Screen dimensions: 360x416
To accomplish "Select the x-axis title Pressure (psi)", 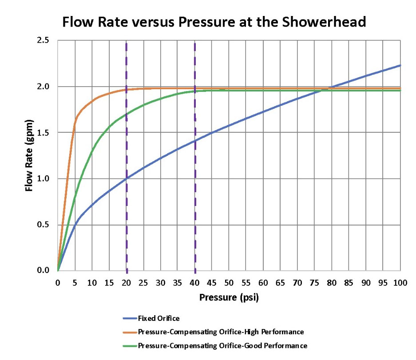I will pos(229,297).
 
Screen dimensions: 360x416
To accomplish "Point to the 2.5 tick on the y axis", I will pos(43,40).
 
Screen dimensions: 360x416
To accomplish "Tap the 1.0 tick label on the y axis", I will pos(43,178).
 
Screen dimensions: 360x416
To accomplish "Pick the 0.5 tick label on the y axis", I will pos(43,225).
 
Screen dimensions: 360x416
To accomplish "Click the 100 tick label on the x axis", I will pos(400,283).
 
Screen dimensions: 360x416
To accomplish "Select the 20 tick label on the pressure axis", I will pos(127,283).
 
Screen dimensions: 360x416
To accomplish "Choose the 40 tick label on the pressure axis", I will pos(195,283).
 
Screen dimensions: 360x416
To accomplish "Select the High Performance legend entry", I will pos(221,332).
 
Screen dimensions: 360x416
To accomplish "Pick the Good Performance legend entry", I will pos(222,345).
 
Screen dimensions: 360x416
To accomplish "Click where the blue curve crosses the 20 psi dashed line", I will pos(127,178).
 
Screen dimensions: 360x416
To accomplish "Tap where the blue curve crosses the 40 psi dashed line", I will pos(195,141).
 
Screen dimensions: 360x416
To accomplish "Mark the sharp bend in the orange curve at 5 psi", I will pos(75,120).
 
